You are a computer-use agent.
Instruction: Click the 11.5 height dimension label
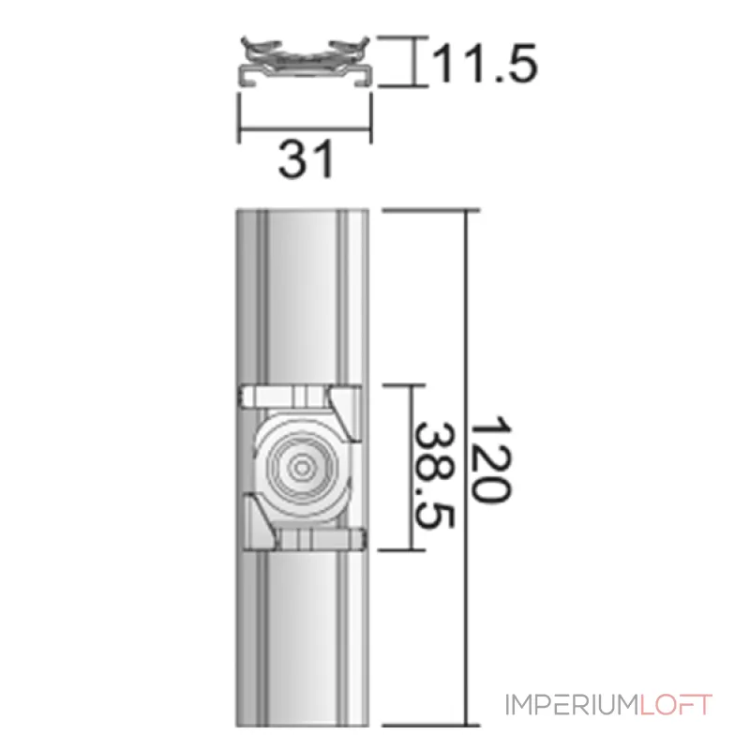pyautogui.click(x=484, y=64)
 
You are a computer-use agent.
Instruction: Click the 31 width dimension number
pyautogui.click(x=306, y=160)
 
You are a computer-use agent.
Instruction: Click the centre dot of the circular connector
pyautogui.click(x=302, y=466)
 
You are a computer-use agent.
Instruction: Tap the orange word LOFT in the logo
pyautogui.click(x=678, y=705)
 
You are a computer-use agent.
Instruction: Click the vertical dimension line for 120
pyautogui.click(x=464, y=469)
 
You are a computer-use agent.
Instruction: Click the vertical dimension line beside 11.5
pyautogui.click(x=413, y=62)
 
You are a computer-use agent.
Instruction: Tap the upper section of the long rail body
pyautogui.click(x=304, y=291)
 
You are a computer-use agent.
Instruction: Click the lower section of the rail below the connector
pyautogui.click(x=304, y=637)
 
